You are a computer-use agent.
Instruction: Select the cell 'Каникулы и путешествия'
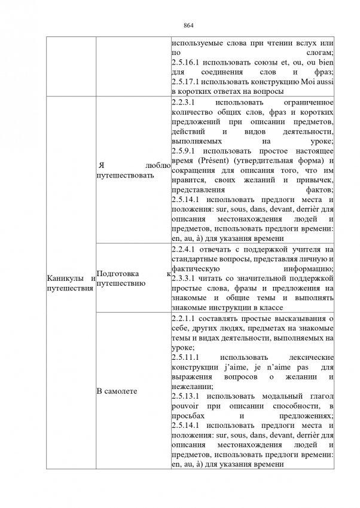[x=71, y=284]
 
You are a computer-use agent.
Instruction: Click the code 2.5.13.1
[x=187, y=396]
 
